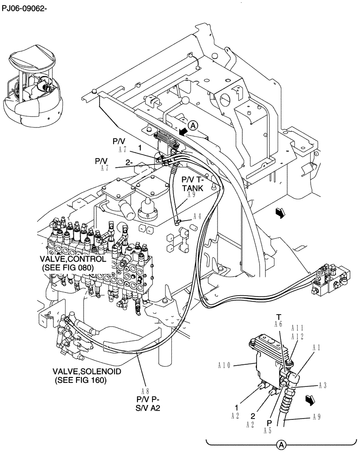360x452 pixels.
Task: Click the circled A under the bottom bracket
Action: coord(281,446)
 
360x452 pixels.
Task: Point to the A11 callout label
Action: coord(297,328)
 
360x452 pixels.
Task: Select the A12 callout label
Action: coord(297,336)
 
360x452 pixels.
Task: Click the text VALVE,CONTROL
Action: coord(73,259)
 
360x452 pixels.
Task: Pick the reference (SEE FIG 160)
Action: coord(80,381)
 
